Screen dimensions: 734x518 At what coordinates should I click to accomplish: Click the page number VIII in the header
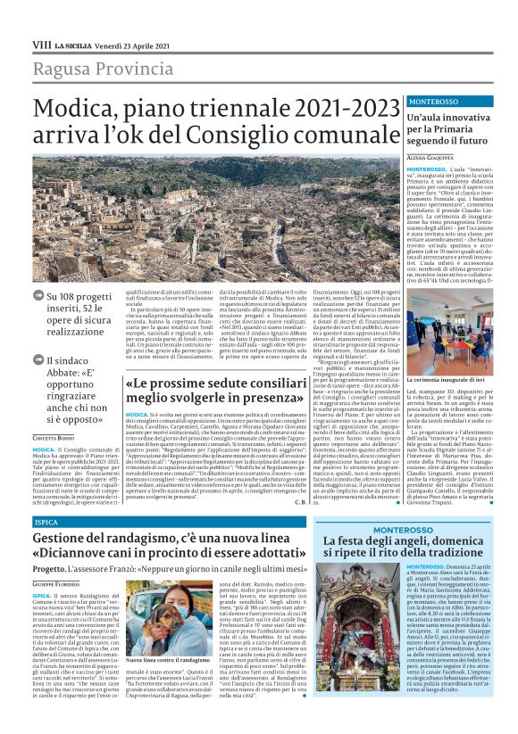(x=41, y=44)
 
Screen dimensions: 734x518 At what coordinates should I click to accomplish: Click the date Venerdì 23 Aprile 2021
(x=132, y=44)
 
